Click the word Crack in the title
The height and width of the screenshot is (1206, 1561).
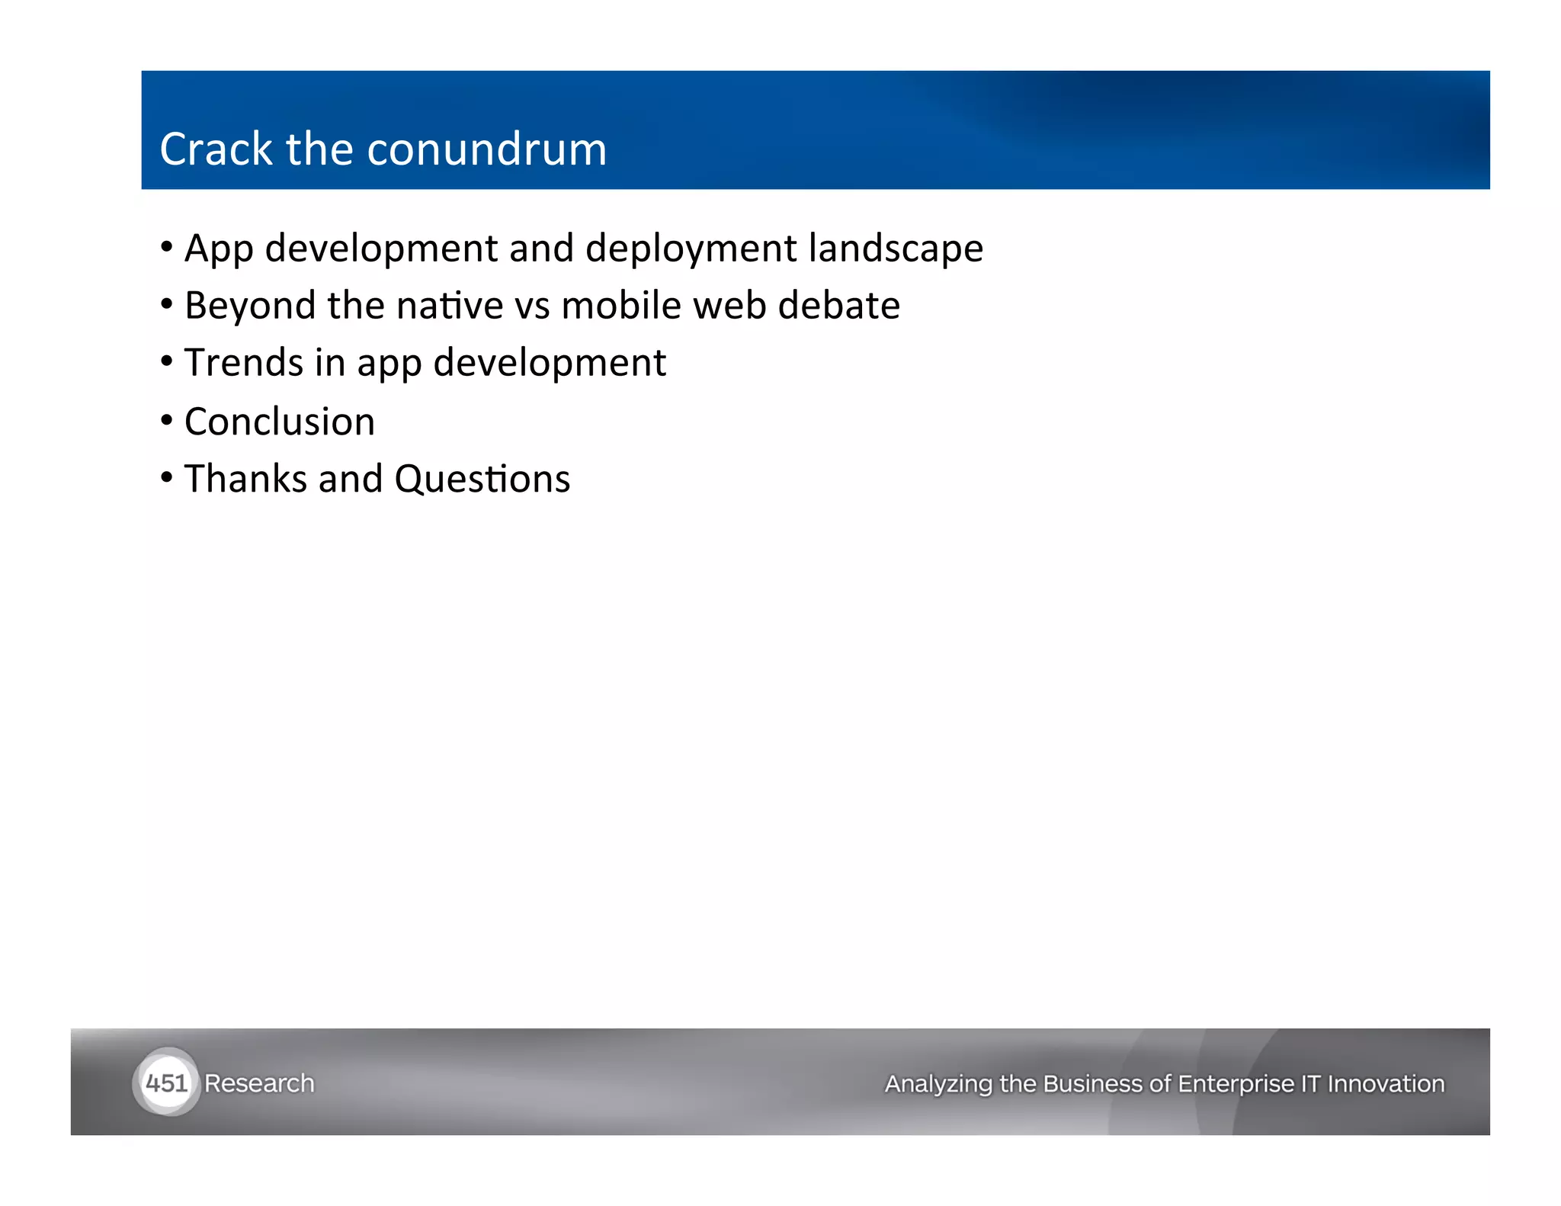coord(215,149)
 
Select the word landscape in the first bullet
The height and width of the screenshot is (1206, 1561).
coord(896,249)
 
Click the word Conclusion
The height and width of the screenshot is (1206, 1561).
coord(280,422)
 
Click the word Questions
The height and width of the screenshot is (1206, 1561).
coord(482,480)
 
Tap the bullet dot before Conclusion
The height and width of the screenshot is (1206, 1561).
coord(167,420)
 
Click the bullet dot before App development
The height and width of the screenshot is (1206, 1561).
coord(167,247)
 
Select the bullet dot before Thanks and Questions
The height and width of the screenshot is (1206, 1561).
coord(167,477)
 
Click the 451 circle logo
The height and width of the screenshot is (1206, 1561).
coord(165,1083)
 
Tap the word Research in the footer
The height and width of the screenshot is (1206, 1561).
coord(259,1083)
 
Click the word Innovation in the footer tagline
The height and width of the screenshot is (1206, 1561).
coord(1386,1083)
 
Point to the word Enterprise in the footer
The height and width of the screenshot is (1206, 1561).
coord(1236,1083)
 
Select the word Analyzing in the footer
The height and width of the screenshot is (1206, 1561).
coord(938,1083)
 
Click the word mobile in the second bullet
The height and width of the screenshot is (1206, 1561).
coord(621,306)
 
